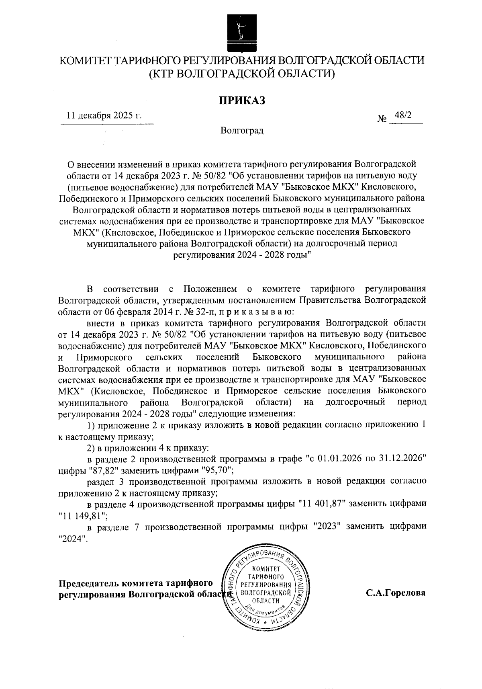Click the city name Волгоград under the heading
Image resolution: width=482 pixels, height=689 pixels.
click(242, 131)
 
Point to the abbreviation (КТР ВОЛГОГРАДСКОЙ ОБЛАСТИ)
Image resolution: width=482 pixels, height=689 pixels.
click(242, 74)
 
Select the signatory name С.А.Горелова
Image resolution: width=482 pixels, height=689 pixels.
click(396, 593)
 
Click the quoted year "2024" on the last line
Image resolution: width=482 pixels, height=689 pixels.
click(72, 539)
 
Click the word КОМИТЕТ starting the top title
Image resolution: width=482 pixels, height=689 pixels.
click(85, 61)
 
